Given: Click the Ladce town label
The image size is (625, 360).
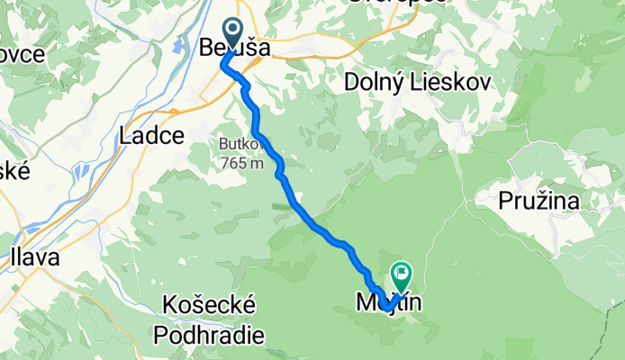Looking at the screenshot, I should click(x=151, y=136).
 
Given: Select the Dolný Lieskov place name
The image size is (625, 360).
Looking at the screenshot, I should click(x=417, y=84).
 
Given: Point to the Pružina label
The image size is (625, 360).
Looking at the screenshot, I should click(x=542, y=201).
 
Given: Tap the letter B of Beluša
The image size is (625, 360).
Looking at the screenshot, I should click(x=208, y=50).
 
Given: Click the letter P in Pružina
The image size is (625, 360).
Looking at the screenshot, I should click(x=505, y=201).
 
